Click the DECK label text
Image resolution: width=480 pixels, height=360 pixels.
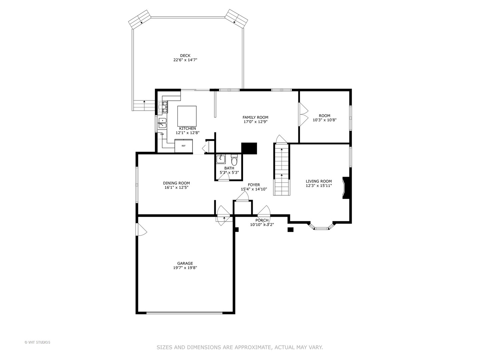pos(185,56)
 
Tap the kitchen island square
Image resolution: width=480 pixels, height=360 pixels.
pos(187,115)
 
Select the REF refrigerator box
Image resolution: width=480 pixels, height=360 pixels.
pos(184,146)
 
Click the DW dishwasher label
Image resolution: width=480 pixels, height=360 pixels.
pos(162,134)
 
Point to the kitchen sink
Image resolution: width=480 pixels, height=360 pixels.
pos(162,123)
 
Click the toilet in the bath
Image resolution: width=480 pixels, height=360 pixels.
pos(234,161)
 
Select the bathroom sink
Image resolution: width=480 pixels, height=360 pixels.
pos(221,159)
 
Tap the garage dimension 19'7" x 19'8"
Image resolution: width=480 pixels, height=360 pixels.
pos(185,268)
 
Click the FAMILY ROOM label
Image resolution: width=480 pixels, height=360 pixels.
pos(255,117)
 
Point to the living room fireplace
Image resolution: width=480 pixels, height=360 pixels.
pos(346,188)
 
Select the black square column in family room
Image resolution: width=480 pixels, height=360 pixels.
pos(249,148)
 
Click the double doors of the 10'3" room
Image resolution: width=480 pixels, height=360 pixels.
pos(303,114)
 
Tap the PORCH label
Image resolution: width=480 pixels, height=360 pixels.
pos(262,220)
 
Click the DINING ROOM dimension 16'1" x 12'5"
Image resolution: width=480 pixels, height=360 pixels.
pos(176,187)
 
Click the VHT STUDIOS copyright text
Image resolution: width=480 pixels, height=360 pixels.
pos(37,342)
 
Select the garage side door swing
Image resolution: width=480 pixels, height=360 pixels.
pos(141,230)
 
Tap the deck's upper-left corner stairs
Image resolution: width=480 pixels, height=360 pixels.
pos(140,19)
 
